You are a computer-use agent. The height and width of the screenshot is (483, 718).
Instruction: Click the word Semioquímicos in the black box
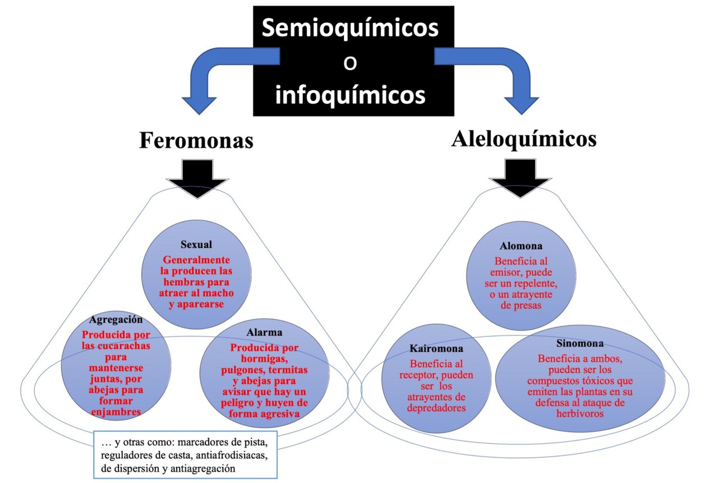point(349,28)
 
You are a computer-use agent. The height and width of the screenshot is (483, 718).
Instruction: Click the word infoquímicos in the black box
point(349,95)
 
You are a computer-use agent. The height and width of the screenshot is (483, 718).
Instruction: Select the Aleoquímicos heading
point(523,138)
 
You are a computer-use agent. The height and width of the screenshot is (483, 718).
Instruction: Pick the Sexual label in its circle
point(196,245)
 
